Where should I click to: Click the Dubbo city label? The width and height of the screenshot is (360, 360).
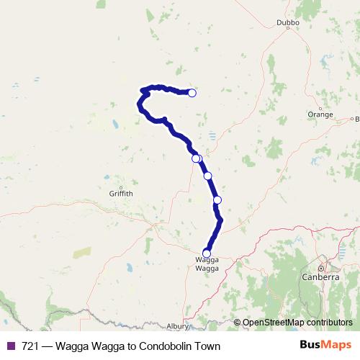tap(288, 22)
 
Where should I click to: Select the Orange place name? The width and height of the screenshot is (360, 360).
tap(320, 114)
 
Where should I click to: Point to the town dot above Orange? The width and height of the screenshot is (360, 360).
tap(320, 106)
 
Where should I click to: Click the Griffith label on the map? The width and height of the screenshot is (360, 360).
tap(120, 194)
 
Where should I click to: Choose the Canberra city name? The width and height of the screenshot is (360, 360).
tap(321, 276)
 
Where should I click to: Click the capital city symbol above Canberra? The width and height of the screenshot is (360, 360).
tap(321, 268)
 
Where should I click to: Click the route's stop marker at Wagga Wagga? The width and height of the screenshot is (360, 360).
tap(207, 253)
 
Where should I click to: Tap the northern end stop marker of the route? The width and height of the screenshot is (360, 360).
tap(192, 92)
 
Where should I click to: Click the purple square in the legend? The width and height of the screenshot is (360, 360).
tap(9, 346)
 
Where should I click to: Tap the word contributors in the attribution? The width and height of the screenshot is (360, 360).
tap(329, 323)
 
